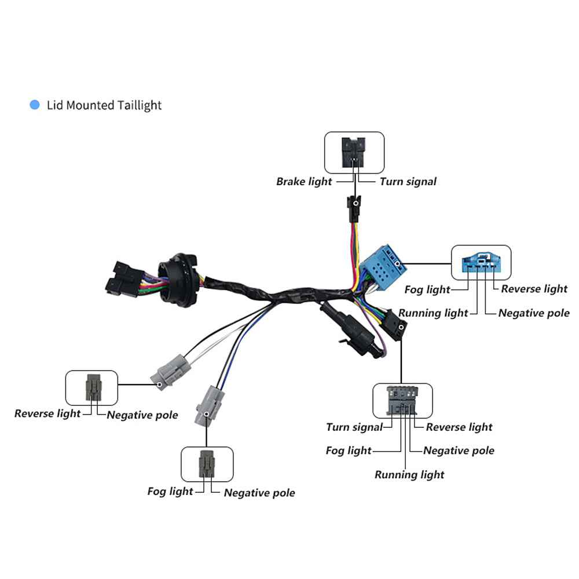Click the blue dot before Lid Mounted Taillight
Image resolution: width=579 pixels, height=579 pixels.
[x=35, y=105]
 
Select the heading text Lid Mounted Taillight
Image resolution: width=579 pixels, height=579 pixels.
[x=104, y=105]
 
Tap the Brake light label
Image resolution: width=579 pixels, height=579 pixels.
[x=304, y=181]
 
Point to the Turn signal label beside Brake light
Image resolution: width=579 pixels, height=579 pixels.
[x=408, y=181]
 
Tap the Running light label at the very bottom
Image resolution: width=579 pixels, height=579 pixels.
[x=409, y=475]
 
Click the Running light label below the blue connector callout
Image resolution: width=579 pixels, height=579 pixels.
[x=433, y=313]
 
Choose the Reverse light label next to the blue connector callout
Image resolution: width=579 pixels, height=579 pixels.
[x=534, y=289]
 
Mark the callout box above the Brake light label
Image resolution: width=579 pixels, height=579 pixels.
[x=354, y=152]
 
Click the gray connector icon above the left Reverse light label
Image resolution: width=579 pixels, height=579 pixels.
[x=92, y=387]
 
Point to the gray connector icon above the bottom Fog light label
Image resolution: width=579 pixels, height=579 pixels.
[x=207, y=463]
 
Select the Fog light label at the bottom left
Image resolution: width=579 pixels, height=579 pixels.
[x=170, y=492]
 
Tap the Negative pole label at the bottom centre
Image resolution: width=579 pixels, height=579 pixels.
[x=259, y=493]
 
